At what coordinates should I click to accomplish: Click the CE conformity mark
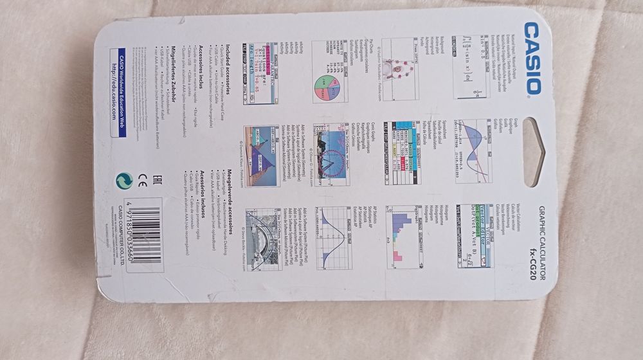(141, 181)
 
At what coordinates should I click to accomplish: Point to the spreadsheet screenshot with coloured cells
(402, 154)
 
